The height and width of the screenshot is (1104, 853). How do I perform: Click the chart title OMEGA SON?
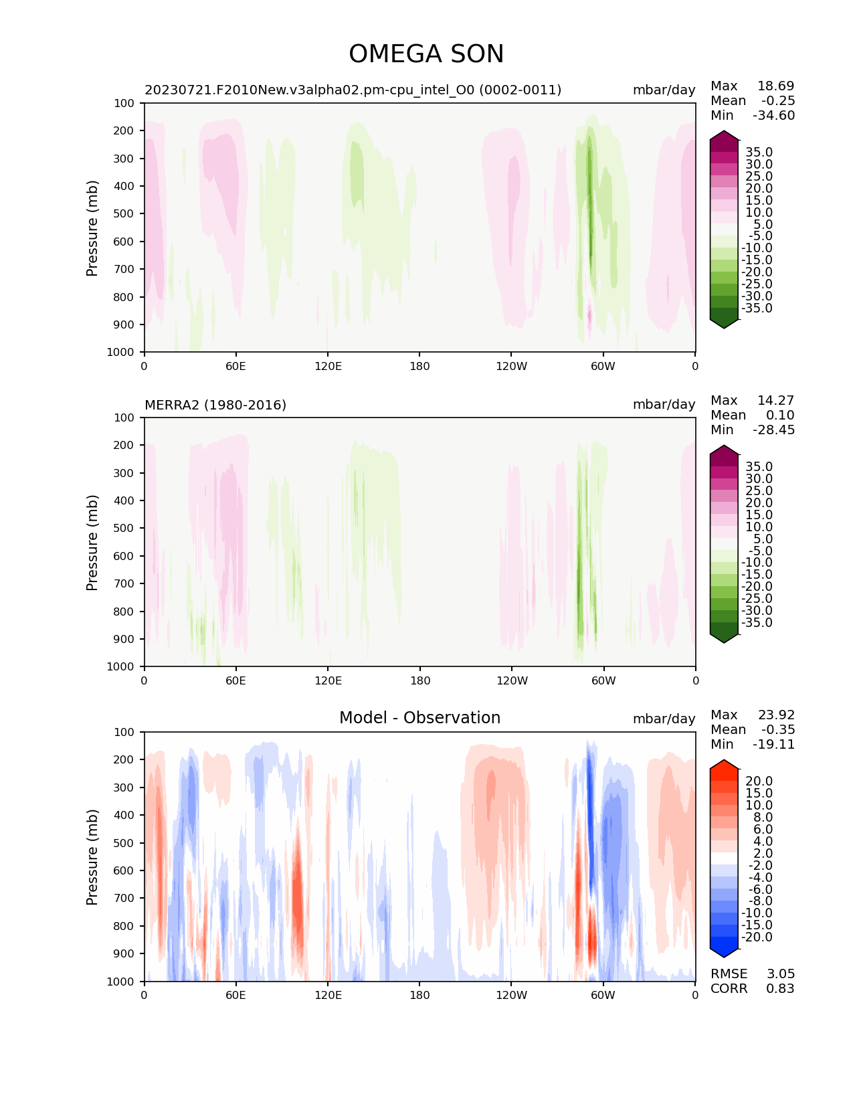pyautogui.click(x=426, y=54)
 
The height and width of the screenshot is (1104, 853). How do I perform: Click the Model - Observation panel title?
pyautogui.click(x=419, y=718)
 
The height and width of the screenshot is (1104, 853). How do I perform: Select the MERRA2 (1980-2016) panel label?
pyautogui.click(x=215, y=405)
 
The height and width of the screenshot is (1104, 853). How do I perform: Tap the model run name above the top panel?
pyautogui.click(x=353, y=90)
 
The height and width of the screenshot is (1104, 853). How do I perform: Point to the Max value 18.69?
pyautogui.click(x=775, y=86)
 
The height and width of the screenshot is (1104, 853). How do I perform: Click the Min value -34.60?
pyautogui.click(x=773, y=115)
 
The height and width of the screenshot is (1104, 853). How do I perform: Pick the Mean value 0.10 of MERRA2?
pyautogui.click(x=779, y=415)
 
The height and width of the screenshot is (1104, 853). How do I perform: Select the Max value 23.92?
pyautogui.click(x=776, y=715)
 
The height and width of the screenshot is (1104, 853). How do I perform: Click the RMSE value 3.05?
pyautogui.click(x=780, y=974)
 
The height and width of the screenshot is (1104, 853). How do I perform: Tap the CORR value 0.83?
pyautogui.click(x=780, y=988)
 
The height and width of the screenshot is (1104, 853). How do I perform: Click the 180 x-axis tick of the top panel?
pyautogui.click(x=419, y=366)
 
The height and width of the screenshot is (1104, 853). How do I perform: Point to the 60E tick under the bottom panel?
pyautogui.click(x=235, y=995)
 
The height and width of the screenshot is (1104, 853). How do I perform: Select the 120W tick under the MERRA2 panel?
pyautogui.click(x=512, y=680)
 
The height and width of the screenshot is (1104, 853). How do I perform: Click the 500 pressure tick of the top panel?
pyautogui.click(x=124, y=213)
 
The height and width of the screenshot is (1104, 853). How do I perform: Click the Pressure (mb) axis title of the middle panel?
pyautogui.click(x=92, y=543)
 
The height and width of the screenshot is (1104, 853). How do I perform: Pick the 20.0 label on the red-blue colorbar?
pyautogui.click(x=759, y=781)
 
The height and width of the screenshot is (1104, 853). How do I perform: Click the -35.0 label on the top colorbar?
pyautogui.click(x=757, y=308)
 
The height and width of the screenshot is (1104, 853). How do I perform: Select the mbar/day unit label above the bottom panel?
pyautogui.click(x=664, y=719)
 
